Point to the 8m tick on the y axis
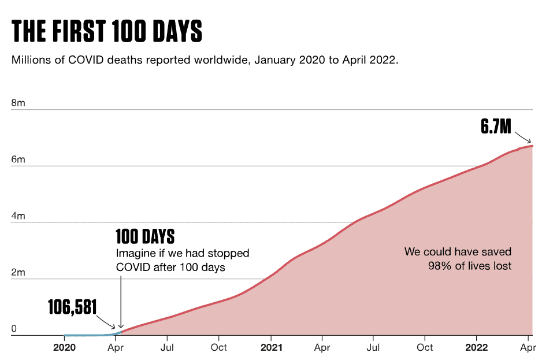pyautogui.click(x=18, y=103)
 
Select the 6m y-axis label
pyautogui.click(x=18, y=160)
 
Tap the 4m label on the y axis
pyautogui.click(x=18, y=217)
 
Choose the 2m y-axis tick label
pyautogui.click(x=18, y=273)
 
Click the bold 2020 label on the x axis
pyautogui.click(x=64, y=347)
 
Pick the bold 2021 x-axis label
pyautogui.click(x=271, y=347)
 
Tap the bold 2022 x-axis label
pyautogui.click(x=477, y=347)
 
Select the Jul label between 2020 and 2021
pyautogui.click(x=167, y=347)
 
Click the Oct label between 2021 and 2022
pyautogui.click(x=425, y=347)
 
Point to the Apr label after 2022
pyautogui.click(x=528, y=347)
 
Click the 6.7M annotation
pyautogui.click(x=496, y=127)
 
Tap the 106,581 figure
pyautogui.click(x=72, y=307)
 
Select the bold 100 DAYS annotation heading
pyautogui.click(x=145, y=237)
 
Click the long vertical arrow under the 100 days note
pyautogui.click(x=121, y=295)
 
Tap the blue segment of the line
pyautogui.click(x=87, y=335)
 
